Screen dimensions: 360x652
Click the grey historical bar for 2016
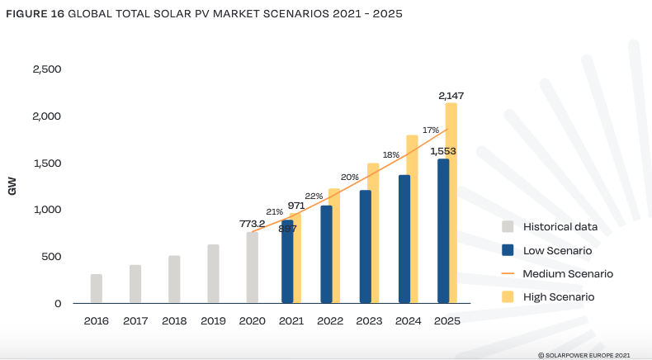(x=97, y=289)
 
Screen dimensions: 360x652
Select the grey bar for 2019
(x=213, y=274)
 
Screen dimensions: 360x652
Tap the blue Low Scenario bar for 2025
(x=443, y=231)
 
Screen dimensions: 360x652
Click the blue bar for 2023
(x=365, y=247)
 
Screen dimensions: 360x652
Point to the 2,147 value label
(x=451, y=97)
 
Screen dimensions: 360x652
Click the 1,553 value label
(x=443, y=151)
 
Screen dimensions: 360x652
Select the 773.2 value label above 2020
(x=252, y=224)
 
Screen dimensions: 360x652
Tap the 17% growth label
(x=430, y=130)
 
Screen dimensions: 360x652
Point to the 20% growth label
(x=350, y=177)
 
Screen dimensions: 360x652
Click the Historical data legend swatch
(x=508, y=226)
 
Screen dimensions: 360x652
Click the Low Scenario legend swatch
(x=508, y=249)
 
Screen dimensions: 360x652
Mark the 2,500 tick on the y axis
(x=46, y=69)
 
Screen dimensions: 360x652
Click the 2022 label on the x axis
(x=329, y=320)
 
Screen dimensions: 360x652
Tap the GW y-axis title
(x=12, y=187)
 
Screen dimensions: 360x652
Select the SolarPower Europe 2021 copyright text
(x=583, y=353)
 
